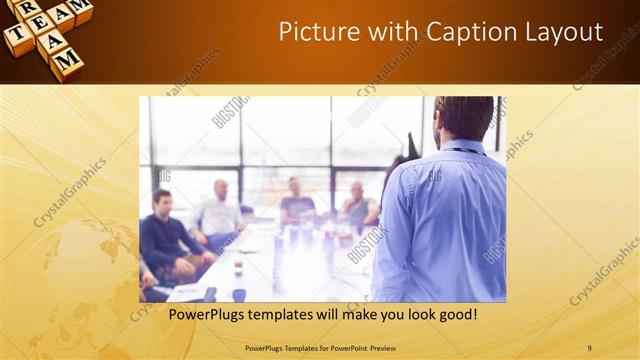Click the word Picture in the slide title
tap(314, 32)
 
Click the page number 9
tap(589, 348)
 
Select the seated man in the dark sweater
tap(165, 236)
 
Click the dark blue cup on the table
tap(238, 294)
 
